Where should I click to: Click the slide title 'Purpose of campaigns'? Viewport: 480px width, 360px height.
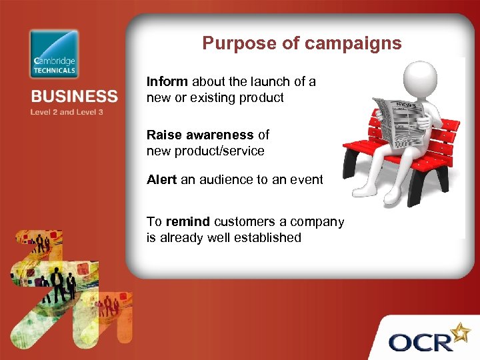tap(302, 43)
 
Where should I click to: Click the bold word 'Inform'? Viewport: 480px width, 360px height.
tap(168, 82)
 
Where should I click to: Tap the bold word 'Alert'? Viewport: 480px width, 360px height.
tap(162, 179)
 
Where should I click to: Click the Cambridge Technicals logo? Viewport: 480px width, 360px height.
tap(54, 54)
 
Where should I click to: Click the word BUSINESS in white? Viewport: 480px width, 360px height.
tap(73, 96)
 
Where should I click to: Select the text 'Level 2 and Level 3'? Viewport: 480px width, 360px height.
tap(67, 112)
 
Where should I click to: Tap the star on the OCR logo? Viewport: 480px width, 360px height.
tap(461, 331)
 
